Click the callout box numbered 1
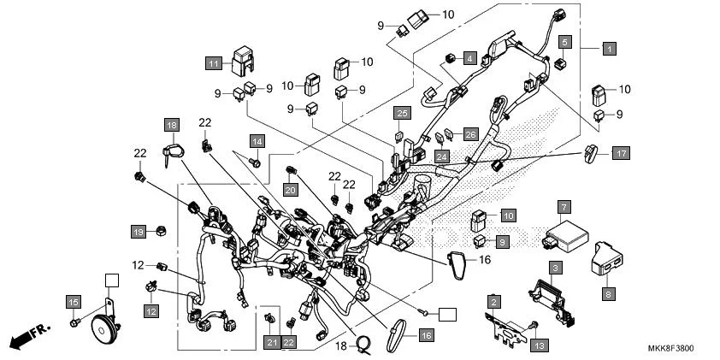point(608,49)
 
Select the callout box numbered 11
point(213,62)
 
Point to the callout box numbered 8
point(609,292)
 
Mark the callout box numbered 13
point(539,345)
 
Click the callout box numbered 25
point(402,113)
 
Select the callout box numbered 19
point(137,231)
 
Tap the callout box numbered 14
point(257,139)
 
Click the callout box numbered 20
point(291,189)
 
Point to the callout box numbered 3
point(555,268)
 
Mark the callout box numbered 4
point(469,58)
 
